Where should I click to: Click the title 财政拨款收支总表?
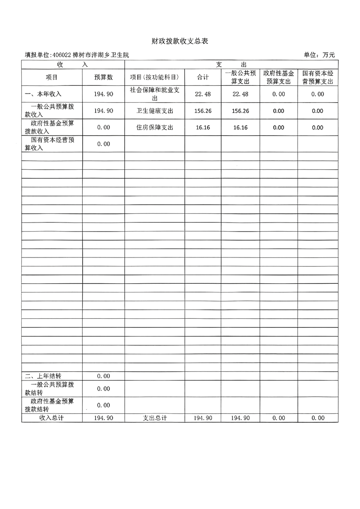pyautogui.click(x=180, y=41)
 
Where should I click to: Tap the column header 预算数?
pyautogui.click(x=104, y=77)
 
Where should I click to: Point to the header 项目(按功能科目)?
pyautogui.click(x=154, y=77)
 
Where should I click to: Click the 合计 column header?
pyautogui.click(x=202, y=77)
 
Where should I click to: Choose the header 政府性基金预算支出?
pyautogui.click(x=278, y=77)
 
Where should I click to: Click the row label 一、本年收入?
pyautogui.click(x=43, y=94)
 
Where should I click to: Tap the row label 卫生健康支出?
pyautogui.click(x=154, y=111)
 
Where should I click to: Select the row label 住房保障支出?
pyautogui.click(x=154, y=128)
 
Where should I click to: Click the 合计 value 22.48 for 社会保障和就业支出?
pyautogui.click(x=202, y=94)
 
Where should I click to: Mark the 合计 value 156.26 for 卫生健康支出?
pyautogui.click(x=202, y=111)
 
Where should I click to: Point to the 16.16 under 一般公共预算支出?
pyautogui.click(x=240, y=128)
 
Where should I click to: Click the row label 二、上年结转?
pyautogui.click(x=43, y=376)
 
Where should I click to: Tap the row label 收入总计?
pyautogui.click(x=52, y=418)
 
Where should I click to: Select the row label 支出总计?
pyautogui.click(x=154, y=418)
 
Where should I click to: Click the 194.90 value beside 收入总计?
pyautogui.click(x=104, y=418)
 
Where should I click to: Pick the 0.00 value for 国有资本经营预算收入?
pyautogui.click(x=104, y=144)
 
